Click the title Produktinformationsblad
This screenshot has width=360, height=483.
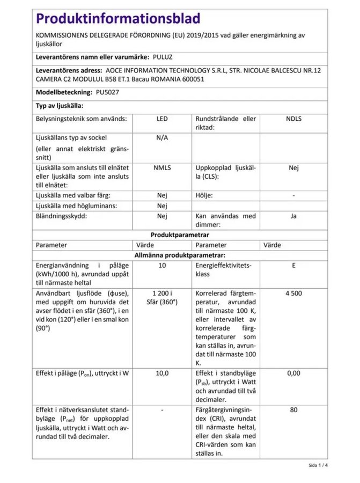tap(117, 19)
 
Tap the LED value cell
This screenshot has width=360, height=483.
tap(162, 118)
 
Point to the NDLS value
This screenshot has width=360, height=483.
tap(293, 118)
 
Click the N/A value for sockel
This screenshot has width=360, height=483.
tap(162, 137)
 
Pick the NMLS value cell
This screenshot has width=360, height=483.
tap(162, 167)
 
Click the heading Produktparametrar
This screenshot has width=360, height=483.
tap(180, 235)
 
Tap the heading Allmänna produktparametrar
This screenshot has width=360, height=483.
tap(180, 255)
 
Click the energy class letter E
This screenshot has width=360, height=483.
tap(293, 265)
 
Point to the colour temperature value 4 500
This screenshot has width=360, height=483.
tap(293, 294)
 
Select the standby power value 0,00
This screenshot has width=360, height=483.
tap(293, 373)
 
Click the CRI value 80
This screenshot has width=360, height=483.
tap(293, 411)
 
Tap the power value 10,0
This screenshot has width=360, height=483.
tap(162, 373)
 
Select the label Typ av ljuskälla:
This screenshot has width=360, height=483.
tap(59, 106)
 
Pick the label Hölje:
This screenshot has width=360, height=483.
tap(205, 195)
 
